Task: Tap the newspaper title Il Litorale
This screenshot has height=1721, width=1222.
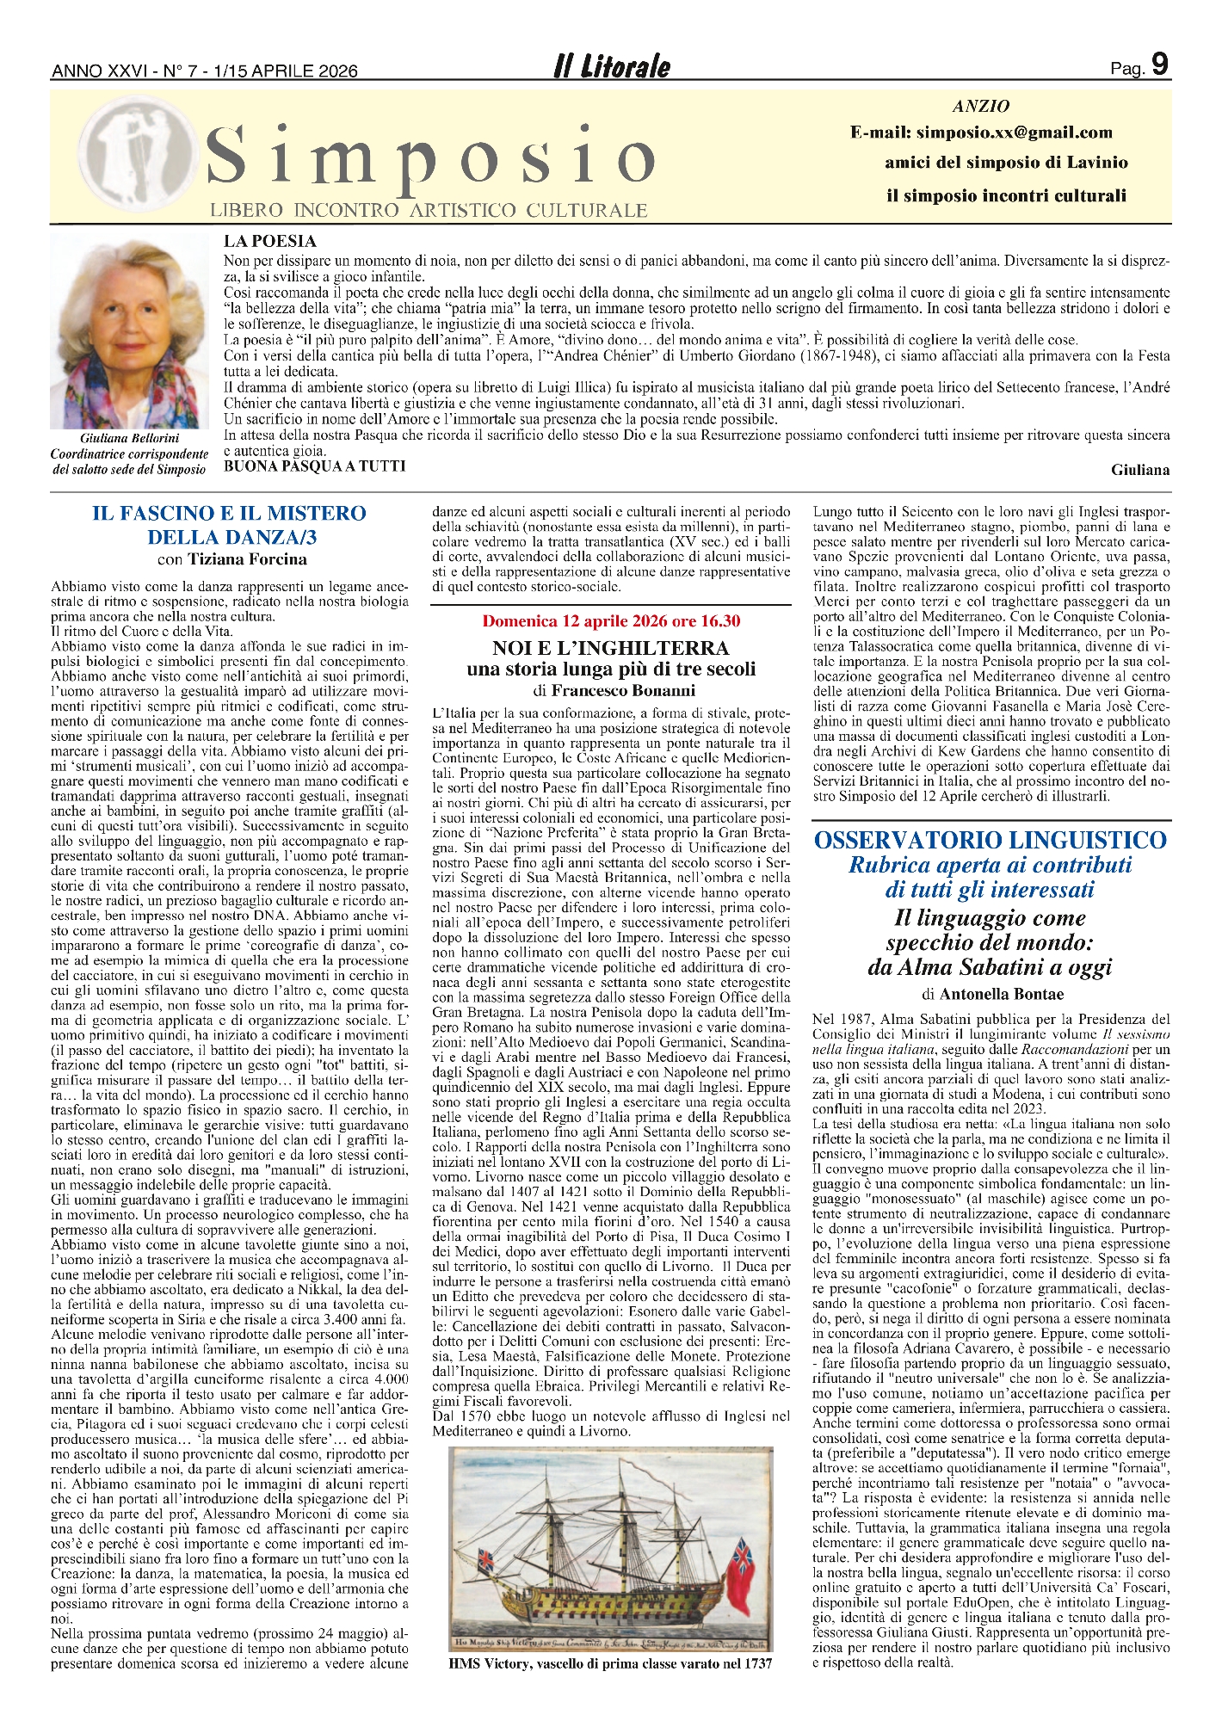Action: (x=611, y=67)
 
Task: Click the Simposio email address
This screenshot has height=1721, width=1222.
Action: (x=981, y=133)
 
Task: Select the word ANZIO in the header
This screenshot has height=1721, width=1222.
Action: (x=981, y=107)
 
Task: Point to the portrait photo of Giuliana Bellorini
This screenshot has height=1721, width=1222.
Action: (x=129, y=331)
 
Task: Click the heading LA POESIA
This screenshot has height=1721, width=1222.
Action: (x=270, y=242)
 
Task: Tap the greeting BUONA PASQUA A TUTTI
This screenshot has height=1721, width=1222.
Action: (x=314, y=466)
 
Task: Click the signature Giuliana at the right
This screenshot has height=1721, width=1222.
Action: (x=1140, y=470)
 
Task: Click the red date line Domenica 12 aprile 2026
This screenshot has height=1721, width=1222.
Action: (x=611, y=621)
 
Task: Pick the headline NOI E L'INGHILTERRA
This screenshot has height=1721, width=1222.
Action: (x=611, y=648)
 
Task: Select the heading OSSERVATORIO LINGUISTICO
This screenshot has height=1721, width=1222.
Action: (x=991, y=840)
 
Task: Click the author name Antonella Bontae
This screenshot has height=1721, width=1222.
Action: (x=1002, y=994)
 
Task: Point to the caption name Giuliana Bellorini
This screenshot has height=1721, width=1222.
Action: (x=129, y=439)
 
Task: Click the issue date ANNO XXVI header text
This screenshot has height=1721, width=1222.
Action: (x=205, y=71)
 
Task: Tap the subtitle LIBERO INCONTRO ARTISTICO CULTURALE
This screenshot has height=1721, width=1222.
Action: (x=429, y=210)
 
